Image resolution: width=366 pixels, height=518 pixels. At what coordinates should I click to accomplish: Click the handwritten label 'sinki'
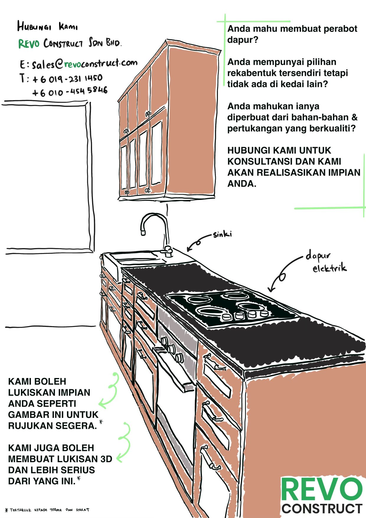[222, 234]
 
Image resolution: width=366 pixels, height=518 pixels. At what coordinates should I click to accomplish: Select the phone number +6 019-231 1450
[67, 79]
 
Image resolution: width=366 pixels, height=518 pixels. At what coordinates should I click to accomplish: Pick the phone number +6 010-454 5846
[70, 92]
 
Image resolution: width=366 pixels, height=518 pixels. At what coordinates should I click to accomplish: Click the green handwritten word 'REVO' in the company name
[29, 44]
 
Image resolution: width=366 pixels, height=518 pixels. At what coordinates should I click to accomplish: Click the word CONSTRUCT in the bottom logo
[322, 509]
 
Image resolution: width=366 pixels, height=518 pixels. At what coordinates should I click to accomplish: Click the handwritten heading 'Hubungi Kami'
[47, 27]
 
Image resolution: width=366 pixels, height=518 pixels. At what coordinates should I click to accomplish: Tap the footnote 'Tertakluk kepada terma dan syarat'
[47, 510]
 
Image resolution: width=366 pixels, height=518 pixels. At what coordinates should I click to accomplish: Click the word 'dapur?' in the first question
[243, 40]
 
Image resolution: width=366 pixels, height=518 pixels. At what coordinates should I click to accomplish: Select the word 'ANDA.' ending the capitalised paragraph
[242, 184]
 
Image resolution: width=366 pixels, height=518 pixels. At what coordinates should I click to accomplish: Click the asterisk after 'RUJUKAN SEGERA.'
[101, 422]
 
